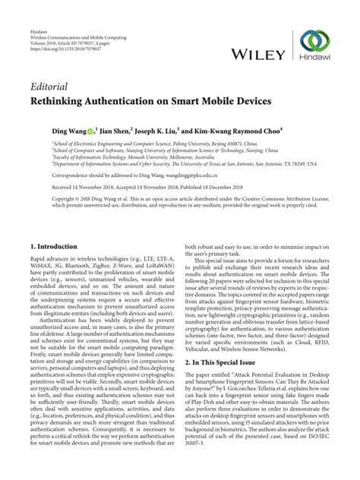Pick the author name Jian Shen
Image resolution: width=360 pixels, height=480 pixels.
tap(115, 131)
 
